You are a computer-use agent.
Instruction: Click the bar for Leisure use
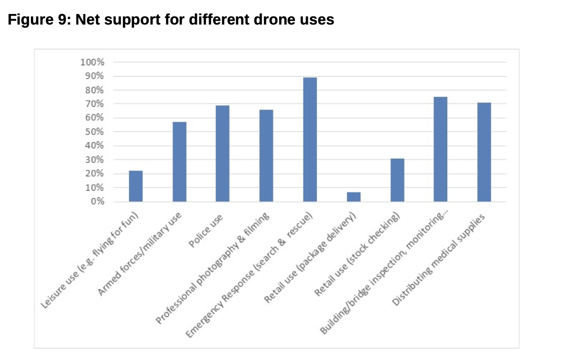(x=136, y=186)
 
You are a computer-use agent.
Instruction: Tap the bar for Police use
(x=223, y=153)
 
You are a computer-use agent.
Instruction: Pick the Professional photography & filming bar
(x=266, y=155)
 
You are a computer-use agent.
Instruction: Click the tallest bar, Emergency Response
(x=310, y=139)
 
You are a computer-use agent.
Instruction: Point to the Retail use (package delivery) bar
(x=354, y=197)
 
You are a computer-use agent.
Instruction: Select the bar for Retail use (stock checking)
(x=397, y=180)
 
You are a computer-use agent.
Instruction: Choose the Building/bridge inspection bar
(x=440, y=149)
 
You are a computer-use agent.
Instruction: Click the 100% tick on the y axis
(x=92, y=62)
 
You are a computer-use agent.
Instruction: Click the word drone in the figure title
(x=272, y=20)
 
